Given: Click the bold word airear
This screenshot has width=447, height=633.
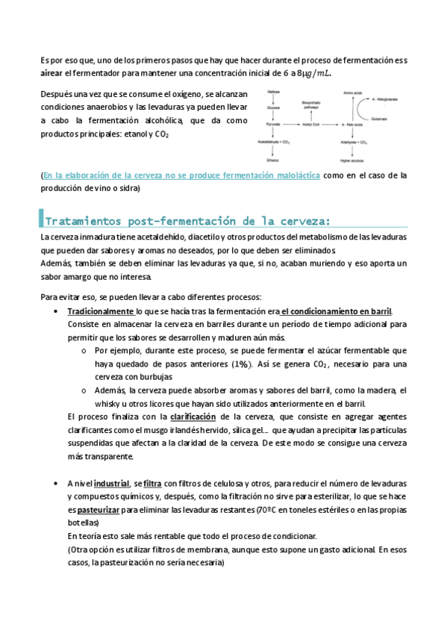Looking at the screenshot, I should (x=51, y=73).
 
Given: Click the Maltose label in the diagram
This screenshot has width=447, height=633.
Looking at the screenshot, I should (x=273, y=91).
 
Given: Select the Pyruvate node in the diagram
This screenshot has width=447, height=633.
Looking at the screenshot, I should (x=273, y=122).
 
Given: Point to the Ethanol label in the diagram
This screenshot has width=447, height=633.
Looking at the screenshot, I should (x=273, y=158).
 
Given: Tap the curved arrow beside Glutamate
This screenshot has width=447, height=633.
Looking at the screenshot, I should (x=363, y=107).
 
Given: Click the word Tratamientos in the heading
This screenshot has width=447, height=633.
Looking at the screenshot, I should (x=82, y=221).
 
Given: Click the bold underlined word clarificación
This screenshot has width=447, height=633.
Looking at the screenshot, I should (x=193, y=416).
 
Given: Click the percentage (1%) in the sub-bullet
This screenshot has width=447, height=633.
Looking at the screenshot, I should (x=240, y=364).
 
